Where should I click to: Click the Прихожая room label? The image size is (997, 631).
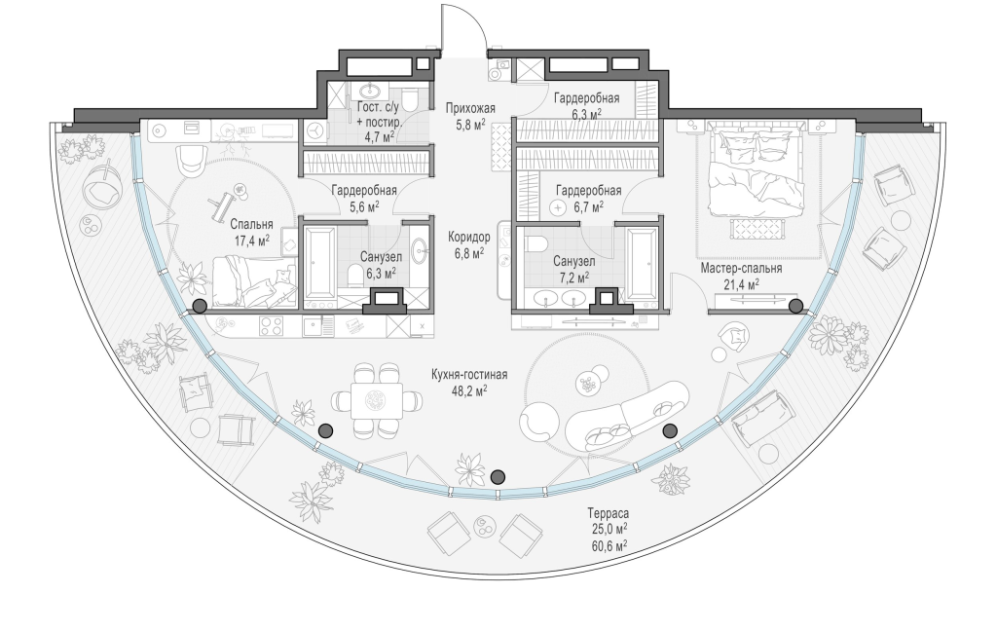tap(470, 108)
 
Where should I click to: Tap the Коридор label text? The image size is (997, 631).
tap(468, 238)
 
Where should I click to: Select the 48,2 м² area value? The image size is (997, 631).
tap(469, 390)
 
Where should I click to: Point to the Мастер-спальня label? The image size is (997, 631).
tap(741, 269)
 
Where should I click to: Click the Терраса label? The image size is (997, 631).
tap(608, 513)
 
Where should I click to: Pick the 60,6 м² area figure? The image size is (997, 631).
tap(608, 544)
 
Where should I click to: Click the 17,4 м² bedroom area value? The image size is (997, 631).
tap(251, 240)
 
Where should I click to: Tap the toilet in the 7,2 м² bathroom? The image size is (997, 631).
tap(538, 244)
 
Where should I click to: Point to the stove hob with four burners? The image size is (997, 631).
tap(272, 327)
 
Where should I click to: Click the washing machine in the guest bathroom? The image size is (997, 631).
tap(314, 131)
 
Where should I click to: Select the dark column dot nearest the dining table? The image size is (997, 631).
tap(325, 430)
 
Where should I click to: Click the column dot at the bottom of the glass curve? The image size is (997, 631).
tap(498, 476)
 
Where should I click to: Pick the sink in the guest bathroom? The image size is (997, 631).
tap(369, 92)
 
